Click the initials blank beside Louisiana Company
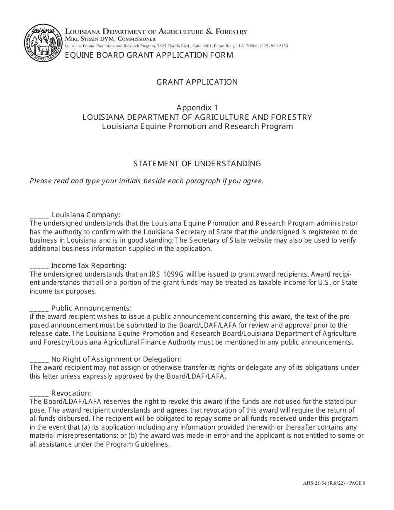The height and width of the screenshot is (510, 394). coord(39,216)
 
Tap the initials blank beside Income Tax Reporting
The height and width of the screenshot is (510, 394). coord(39,266)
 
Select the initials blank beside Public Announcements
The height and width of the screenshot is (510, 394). coord(39,308)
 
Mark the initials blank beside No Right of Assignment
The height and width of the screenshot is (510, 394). coord(39,359)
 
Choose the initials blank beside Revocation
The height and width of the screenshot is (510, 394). coord(39,393)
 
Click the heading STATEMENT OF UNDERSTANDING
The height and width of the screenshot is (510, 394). coord(197,164)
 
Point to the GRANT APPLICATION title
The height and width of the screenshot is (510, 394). coord(197,82)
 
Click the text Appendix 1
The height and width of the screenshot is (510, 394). coord(197,108)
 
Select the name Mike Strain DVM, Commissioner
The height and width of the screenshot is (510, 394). coord(110,39)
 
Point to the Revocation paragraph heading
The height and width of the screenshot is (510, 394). coord(71,393)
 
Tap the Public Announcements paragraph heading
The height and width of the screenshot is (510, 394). coord(91,308)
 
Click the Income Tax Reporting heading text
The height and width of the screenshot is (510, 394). coord(88,265)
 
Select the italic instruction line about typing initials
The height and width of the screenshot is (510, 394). coord(146,181)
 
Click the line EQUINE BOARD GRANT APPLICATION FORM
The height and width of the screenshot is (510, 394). coord(149,55)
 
